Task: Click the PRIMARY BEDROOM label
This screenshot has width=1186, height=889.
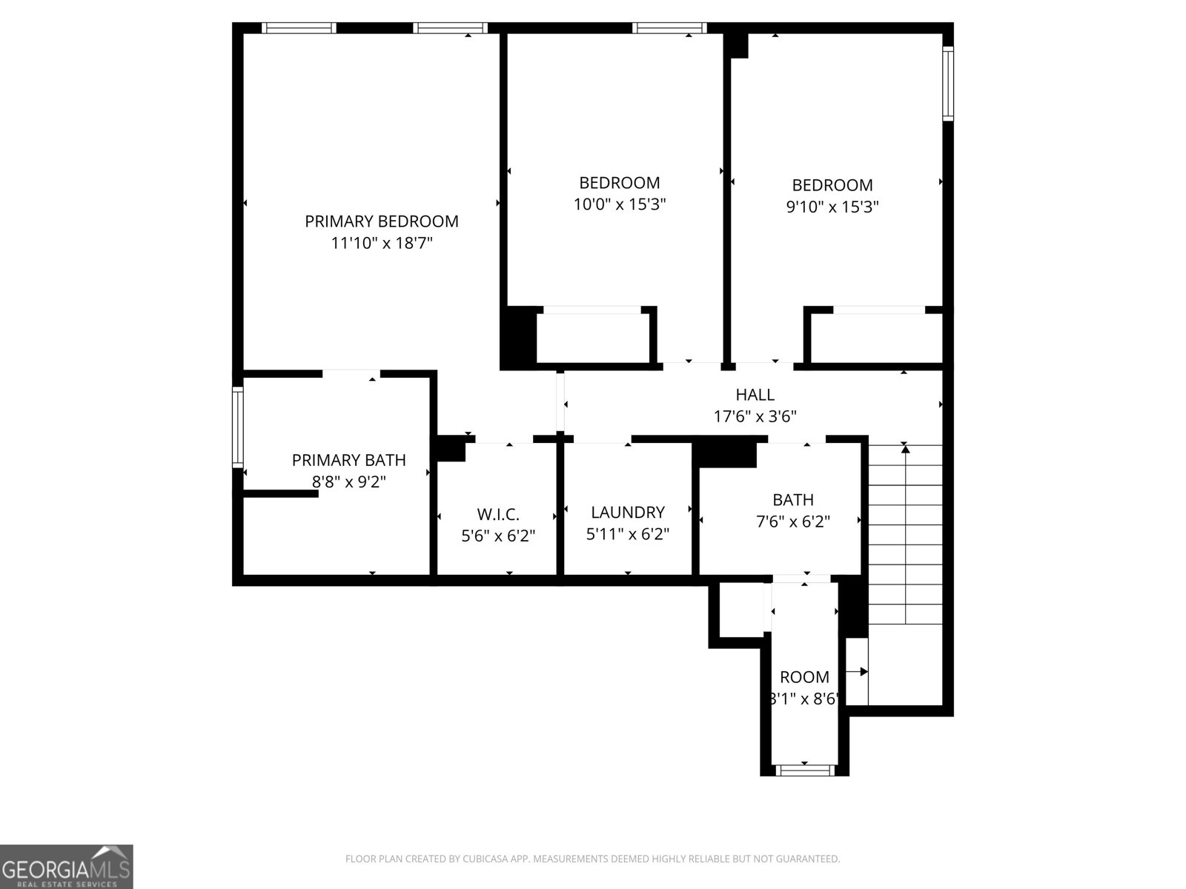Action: pyautogui.click(x=381, y=221)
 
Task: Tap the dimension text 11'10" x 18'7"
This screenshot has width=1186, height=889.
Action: pyautogui.click(x=381, y=242)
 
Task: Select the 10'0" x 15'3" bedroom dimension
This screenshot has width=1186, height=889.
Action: pyautogui.click(x=620, y=204)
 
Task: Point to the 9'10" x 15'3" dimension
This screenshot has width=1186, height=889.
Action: pyautogui.click(x=832, y=207)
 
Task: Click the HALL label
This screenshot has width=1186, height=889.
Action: pyautogui.click(x=755, y=395)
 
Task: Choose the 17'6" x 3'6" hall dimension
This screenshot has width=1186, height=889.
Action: pyautogui.click(x=755, y=416)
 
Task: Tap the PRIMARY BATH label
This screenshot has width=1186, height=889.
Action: pyautogui.click(x=348, y=460)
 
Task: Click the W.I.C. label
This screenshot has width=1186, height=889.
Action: pyautogui.click(x=497, y=513)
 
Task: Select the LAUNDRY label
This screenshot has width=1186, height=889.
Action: pyautogui.click(x=627, y=512)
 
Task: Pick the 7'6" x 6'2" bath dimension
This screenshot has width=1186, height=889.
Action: pyautogui.click(x=792, y=522)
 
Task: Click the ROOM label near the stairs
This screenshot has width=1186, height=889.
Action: pyautogui.click(x=804, y=676)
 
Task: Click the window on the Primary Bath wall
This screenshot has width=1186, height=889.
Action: pyautogui.click(x=238, y=426)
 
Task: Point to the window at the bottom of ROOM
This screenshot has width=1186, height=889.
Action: pyautogui.click(x=804, y=770)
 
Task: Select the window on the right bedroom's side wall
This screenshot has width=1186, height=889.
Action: pyautogui.click(x=947, y=83)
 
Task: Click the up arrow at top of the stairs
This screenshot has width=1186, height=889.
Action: pyautogui.click(x=904, y=447)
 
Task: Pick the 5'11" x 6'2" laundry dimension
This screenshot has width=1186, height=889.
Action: pyautogui.click(x=627, y=534)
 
